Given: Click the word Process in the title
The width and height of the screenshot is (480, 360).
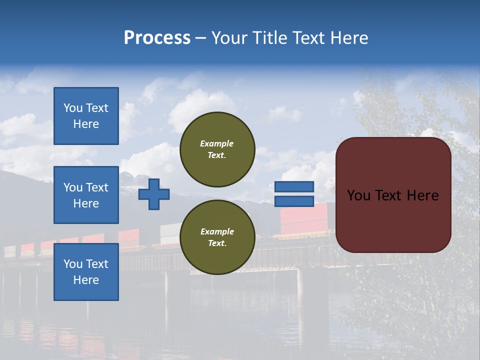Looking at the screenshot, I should point(157,38).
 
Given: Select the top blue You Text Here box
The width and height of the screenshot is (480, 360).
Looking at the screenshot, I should point(86,116).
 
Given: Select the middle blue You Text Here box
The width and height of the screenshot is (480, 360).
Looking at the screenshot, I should point(86,195).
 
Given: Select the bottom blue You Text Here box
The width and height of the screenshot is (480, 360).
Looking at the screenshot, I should point(86,271).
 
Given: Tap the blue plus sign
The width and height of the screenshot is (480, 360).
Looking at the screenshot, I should point(154,194).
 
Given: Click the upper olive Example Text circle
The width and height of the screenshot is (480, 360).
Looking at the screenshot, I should point(217,149).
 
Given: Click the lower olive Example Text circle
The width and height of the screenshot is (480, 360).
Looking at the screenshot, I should point(217,237).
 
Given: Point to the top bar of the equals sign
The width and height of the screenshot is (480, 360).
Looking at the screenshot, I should point(294,186).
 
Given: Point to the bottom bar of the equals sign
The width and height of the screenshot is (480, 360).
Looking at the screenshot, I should point(294,201).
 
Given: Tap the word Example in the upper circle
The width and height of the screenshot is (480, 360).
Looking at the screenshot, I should point(217,143).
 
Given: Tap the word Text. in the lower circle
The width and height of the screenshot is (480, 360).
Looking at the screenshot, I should point(217,243).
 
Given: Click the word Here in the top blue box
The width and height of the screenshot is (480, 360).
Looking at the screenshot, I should point(86,124).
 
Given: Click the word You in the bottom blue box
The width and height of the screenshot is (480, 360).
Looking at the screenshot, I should point(73,264).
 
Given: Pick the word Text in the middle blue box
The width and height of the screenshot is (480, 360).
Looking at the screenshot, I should point(97,187).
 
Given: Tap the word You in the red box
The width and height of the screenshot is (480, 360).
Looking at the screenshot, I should point(358,195).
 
